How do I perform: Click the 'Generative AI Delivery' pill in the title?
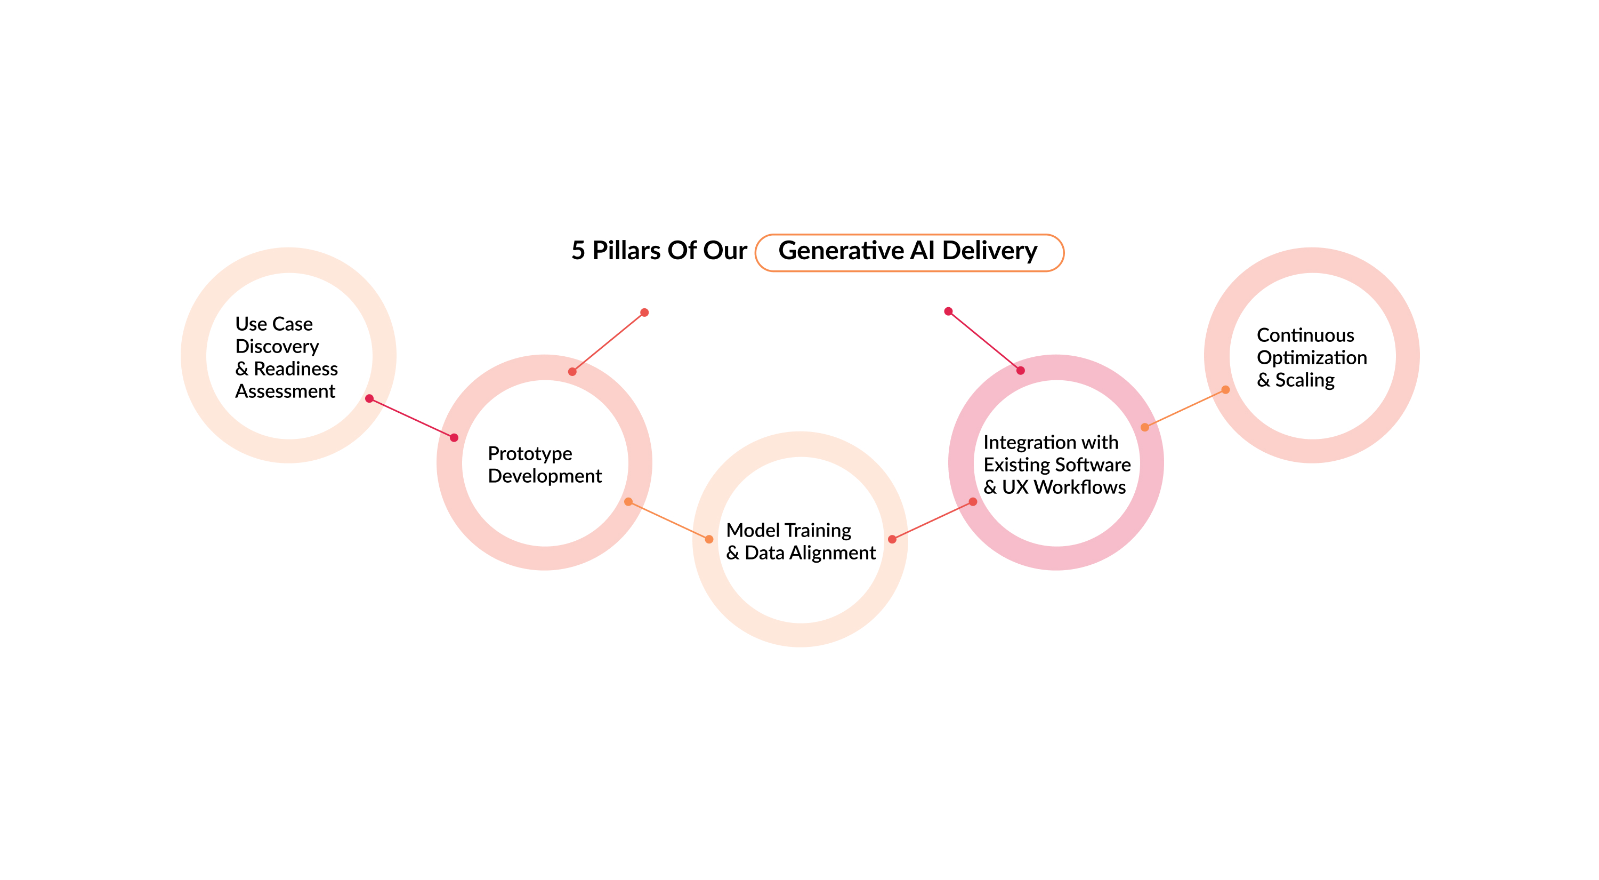pos(909,252)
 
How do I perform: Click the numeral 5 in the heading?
pos(578,251)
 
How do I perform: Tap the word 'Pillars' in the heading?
pos(626,251)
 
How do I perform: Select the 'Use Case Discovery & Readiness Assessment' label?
pos(286,358)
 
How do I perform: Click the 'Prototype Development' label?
pos(544,465)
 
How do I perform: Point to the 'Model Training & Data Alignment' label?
pos(800,541)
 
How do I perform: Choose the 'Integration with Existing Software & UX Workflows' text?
pos(1056,465)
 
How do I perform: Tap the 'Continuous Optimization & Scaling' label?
pos(1311,358)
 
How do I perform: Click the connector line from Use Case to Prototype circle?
pos(411,418)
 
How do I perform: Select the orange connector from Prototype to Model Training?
pos(668,521)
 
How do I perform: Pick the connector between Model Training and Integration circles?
pos(932,521)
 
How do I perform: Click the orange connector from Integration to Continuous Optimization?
pos(1185,409)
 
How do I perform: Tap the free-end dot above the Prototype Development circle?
pos(644,313)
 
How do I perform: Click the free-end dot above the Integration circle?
pos(948,311)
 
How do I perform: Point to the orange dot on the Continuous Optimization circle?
pos(1225,390)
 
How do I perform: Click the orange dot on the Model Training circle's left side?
pos(709,539)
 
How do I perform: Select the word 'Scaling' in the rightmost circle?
pos(1305,380)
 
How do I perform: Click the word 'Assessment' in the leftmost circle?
pos(285,391)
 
